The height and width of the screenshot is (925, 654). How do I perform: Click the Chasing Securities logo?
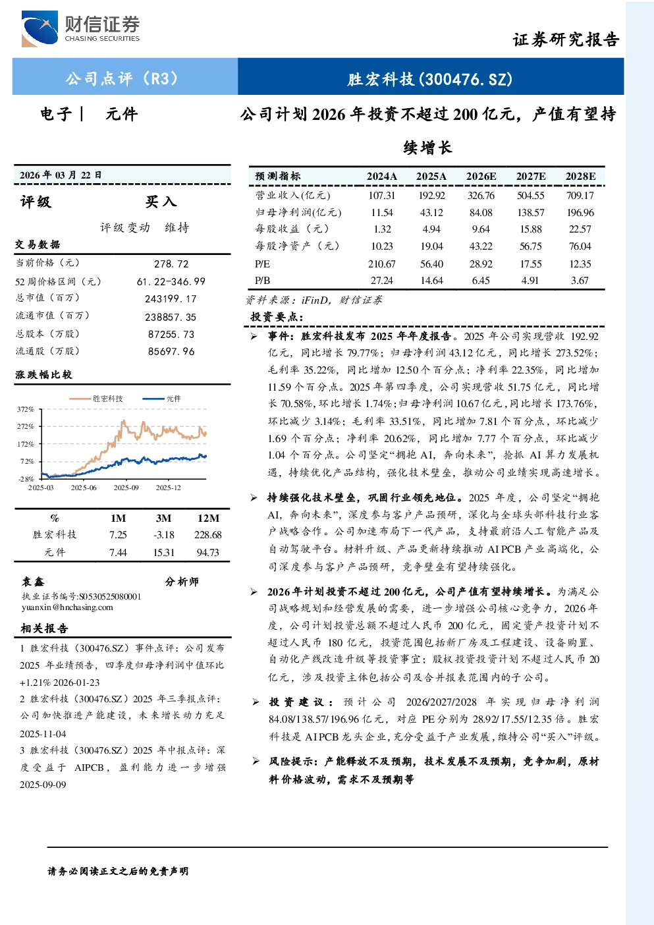[80, 28]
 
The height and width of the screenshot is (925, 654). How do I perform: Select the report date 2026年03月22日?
[61, 175]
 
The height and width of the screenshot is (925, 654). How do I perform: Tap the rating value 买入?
[161, 202]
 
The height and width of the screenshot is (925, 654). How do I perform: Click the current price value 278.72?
[171, 264]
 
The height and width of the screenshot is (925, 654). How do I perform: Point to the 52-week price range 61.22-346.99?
[171, 281]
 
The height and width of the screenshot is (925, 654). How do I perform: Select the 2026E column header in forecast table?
[481, 177]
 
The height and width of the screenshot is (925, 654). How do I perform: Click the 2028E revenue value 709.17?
[580, 195]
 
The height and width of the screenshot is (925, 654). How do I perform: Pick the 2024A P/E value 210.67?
[381, 264]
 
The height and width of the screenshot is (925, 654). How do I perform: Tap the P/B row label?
[262, 281]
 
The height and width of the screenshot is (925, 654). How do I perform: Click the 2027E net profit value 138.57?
[530, 212]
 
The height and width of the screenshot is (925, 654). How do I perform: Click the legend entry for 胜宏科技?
[95, 399]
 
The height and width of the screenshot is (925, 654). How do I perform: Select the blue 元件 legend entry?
[161, 399]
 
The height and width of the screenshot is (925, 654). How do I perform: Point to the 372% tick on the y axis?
[25, 409]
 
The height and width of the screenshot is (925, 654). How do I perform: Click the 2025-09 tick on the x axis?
[126, 488]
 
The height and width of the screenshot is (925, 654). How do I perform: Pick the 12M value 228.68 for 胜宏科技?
[207, 535]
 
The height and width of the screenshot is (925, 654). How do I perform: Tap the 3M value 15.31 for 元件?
[163, 553]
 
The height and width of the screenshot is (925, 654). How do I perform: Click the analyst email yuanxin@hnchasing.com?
[67, 607]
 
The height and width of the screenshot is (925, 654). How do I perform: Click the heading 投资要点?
[277, 317]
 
